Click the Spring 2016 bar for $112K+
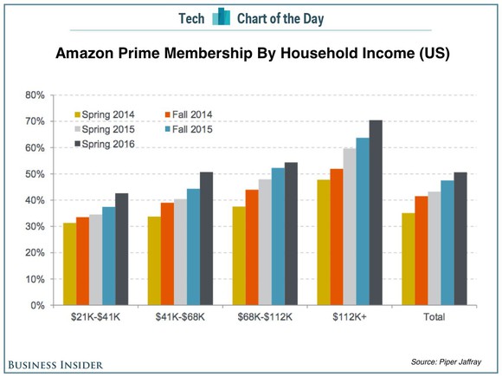click(375, 213)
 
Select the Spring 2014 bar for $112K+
click(325, 243)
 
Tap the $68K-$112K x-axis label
click(264, 318)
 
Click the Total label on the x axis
click(434, 318)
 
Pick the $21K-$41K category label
click(94, 318)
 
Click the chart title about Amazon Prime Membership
click(251, 55)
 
